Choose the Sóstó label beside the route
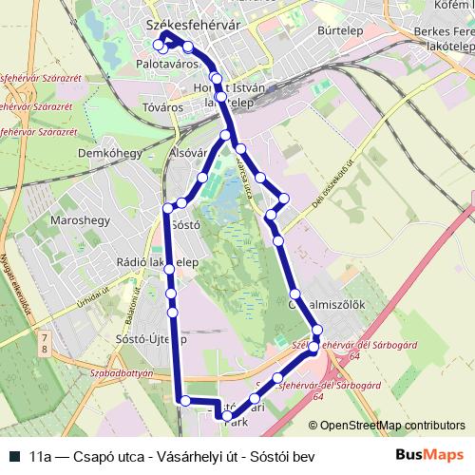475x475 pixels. pos(186,225)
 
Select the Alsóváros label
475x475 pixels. pos(187,151)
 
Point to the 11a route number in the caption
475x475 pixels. pos(41,455)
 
